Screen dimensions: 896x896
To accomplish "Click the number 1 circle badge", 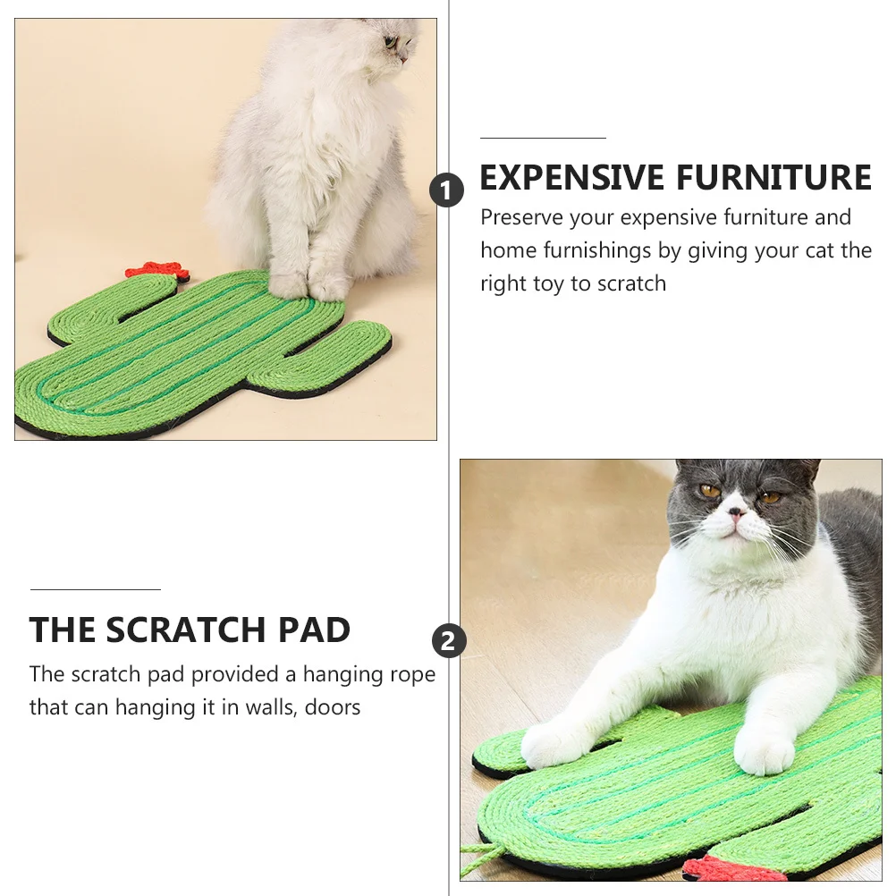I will [x=447, y=190].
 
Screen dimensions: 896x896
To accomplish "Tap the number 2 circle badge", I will [x=449, y=641].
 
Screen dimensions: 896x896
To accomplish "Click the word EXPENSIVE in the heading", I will [x=568, y=178].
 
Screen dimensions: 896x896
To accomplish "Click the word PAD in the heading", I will [x=314, y=630].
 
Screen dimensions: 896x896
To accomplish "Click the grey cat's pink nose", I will [x=736, y=514].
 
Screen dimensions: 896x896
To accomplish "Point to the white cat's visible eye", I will [x=390, y=41].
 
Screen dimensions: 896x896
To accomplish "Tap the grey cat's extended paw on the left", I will [x=549, y=744].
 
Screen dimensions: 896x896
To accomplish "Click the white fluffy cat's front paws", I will [x=309, y=285].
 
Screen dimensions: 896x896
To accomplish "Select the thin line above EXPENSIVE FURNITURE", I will [x=543, y=139].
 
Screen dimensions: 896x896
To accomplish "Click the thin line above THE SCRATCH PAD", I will [x=95, y=589].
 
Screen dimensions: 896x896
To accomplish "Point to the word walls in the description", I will [x=267, y=707].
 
